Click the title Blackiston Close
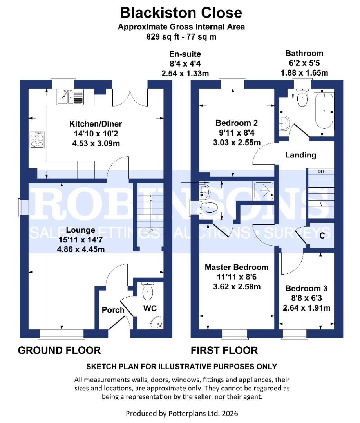pyautogui.click(x=181, y=13)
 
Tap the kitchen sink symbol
pyautogui.click(x=70, y=97)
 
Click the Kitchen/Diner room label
pyautogui.click(x=96, y=124)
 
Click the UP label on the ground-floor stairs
pyautogui.click(x=150, y=231)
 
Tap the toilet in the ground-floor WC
pyautogui.click(x=148, y=291)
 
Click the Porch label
pyautogui.click(x=113, y=310)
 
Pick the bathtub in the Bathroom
pyautogui.click(x=324, y=111)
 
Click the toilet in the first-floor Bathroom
pyautogui.click(x=302, y=98)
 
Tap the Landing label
pyautogui.click(x=300, y=155)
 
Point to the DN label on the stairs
pyautogui.click(x=320, y=172)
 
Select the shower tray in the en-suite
pyautogui.click(x=263, y=190)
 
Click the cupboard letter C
pyautogui.click(x=322, y=236)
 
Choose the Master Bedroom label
pyautogui.click(x=237, y=268)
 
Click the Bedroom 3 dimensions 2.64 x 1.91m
pyautogui.click(x=306, y=307)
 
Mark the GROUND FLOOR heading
pyautogui.click(x=59, y=350)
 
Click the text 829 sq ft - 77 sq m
pyautogui.click(x=181, y=37)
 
